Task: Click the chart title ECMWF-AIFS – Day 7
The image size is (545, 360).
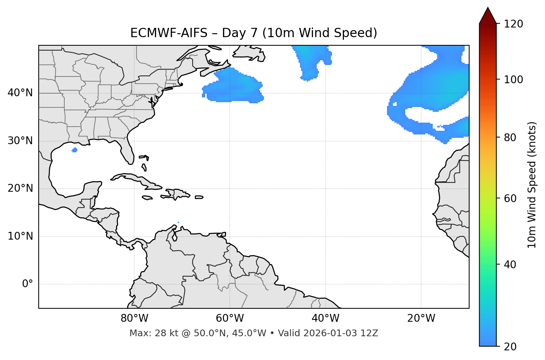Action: tap(254, 33)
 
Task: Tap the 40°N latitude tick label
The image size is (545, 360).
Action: tap(20, 93)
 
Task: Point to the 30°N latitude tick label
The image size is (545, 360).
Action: tap(20, 141)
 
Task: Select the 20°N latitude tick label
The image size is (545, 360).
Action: tap(20, 188)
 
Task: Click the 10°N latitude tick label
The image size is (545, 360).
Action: tap(20, 236)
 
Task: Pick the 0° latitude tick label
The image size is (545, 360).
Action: tap(28, 284)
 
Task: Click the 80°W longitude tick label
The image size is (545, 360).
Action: tap(134, 318)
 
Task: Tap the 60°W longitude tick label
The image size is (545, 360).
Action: tap(230, 318)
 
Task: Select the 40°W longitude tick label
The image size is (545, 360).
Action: tap(325, 318)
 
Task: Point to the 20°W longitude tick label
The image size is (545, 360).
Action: tap(421, 318)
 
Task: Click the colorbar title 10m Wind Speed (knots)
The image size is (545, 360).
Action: tap(532, 185)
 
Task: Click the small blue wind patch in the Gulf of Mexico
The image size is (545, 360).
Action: tap(75, 150)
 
